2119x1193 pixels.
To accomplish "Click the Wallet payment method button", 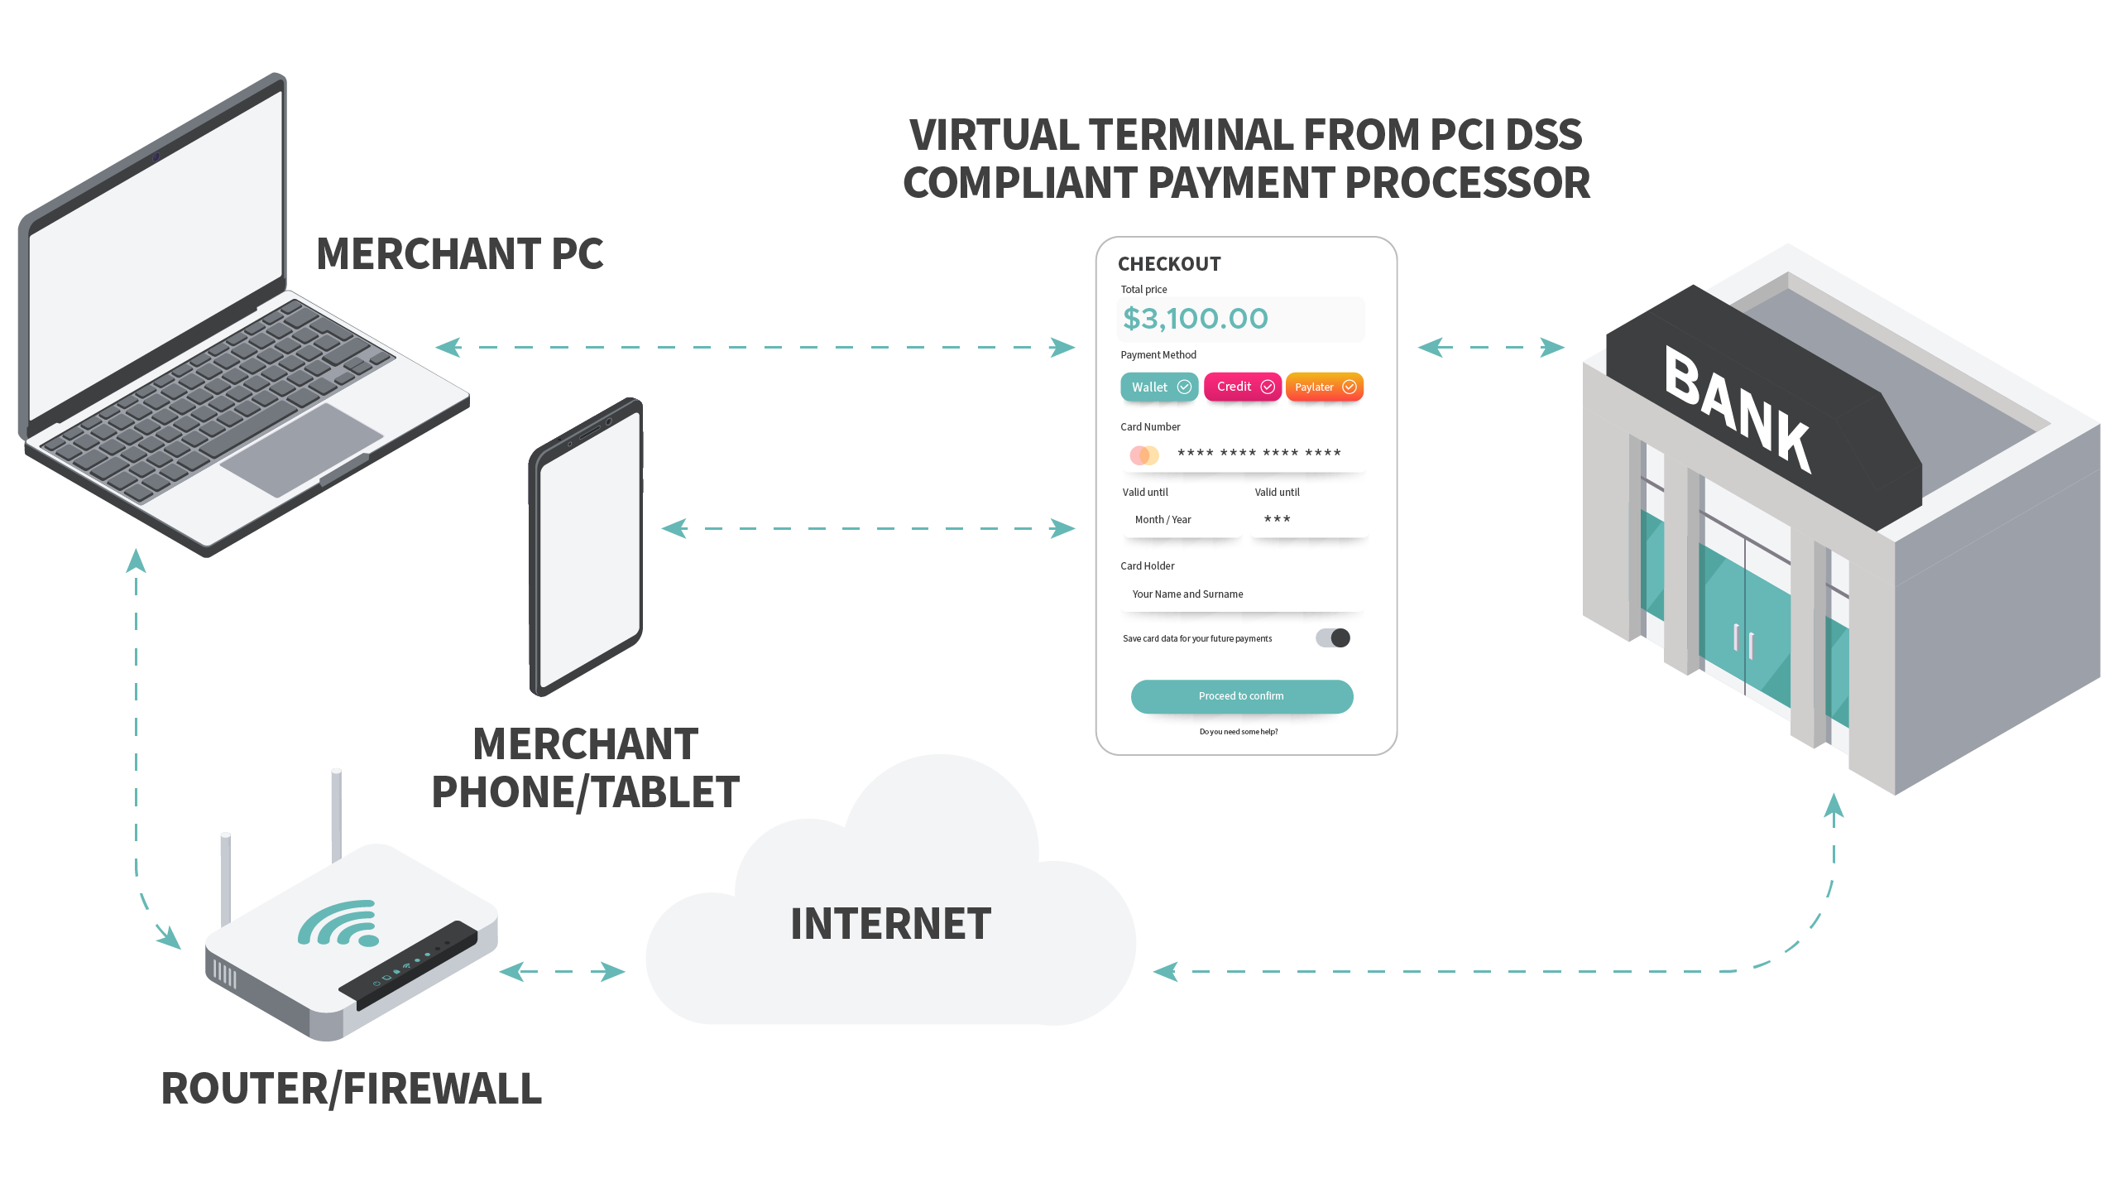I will pos(1159,387).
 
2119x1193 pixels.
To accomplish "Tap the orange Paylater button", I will pos(1325,387).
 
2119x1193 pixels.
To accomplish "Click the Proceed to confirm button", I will pos(1241,696).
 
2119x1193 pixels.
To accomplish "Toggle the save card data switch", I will pos(1333,637).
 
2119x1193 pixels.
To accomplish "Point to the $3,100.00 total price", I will pos(1196,319).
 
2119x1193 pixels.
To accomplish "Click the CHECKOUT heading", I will pos(1169,264).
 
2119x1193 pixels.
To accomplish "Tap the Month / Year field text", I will pos(1163,520).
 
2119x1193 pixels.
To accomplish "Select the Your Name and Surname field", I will pos(1188,594).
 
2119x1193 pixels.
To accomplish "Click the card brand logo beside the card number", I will pos(1144,455).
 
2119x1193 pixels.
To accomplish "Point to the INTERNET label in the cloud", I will pos(890,924).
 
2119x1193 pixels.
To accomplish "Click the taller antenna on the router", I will pos(336,815).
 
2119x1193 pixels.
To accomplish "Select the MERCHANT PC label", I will pos(460,253).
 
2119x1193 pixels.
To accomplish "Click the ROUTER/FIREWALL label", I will pos(352,1089).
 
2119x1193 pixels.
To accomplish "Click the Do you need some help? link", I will pos(1239,732).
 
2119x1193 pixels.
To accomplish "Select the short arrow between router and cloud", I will pos(563,971).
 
